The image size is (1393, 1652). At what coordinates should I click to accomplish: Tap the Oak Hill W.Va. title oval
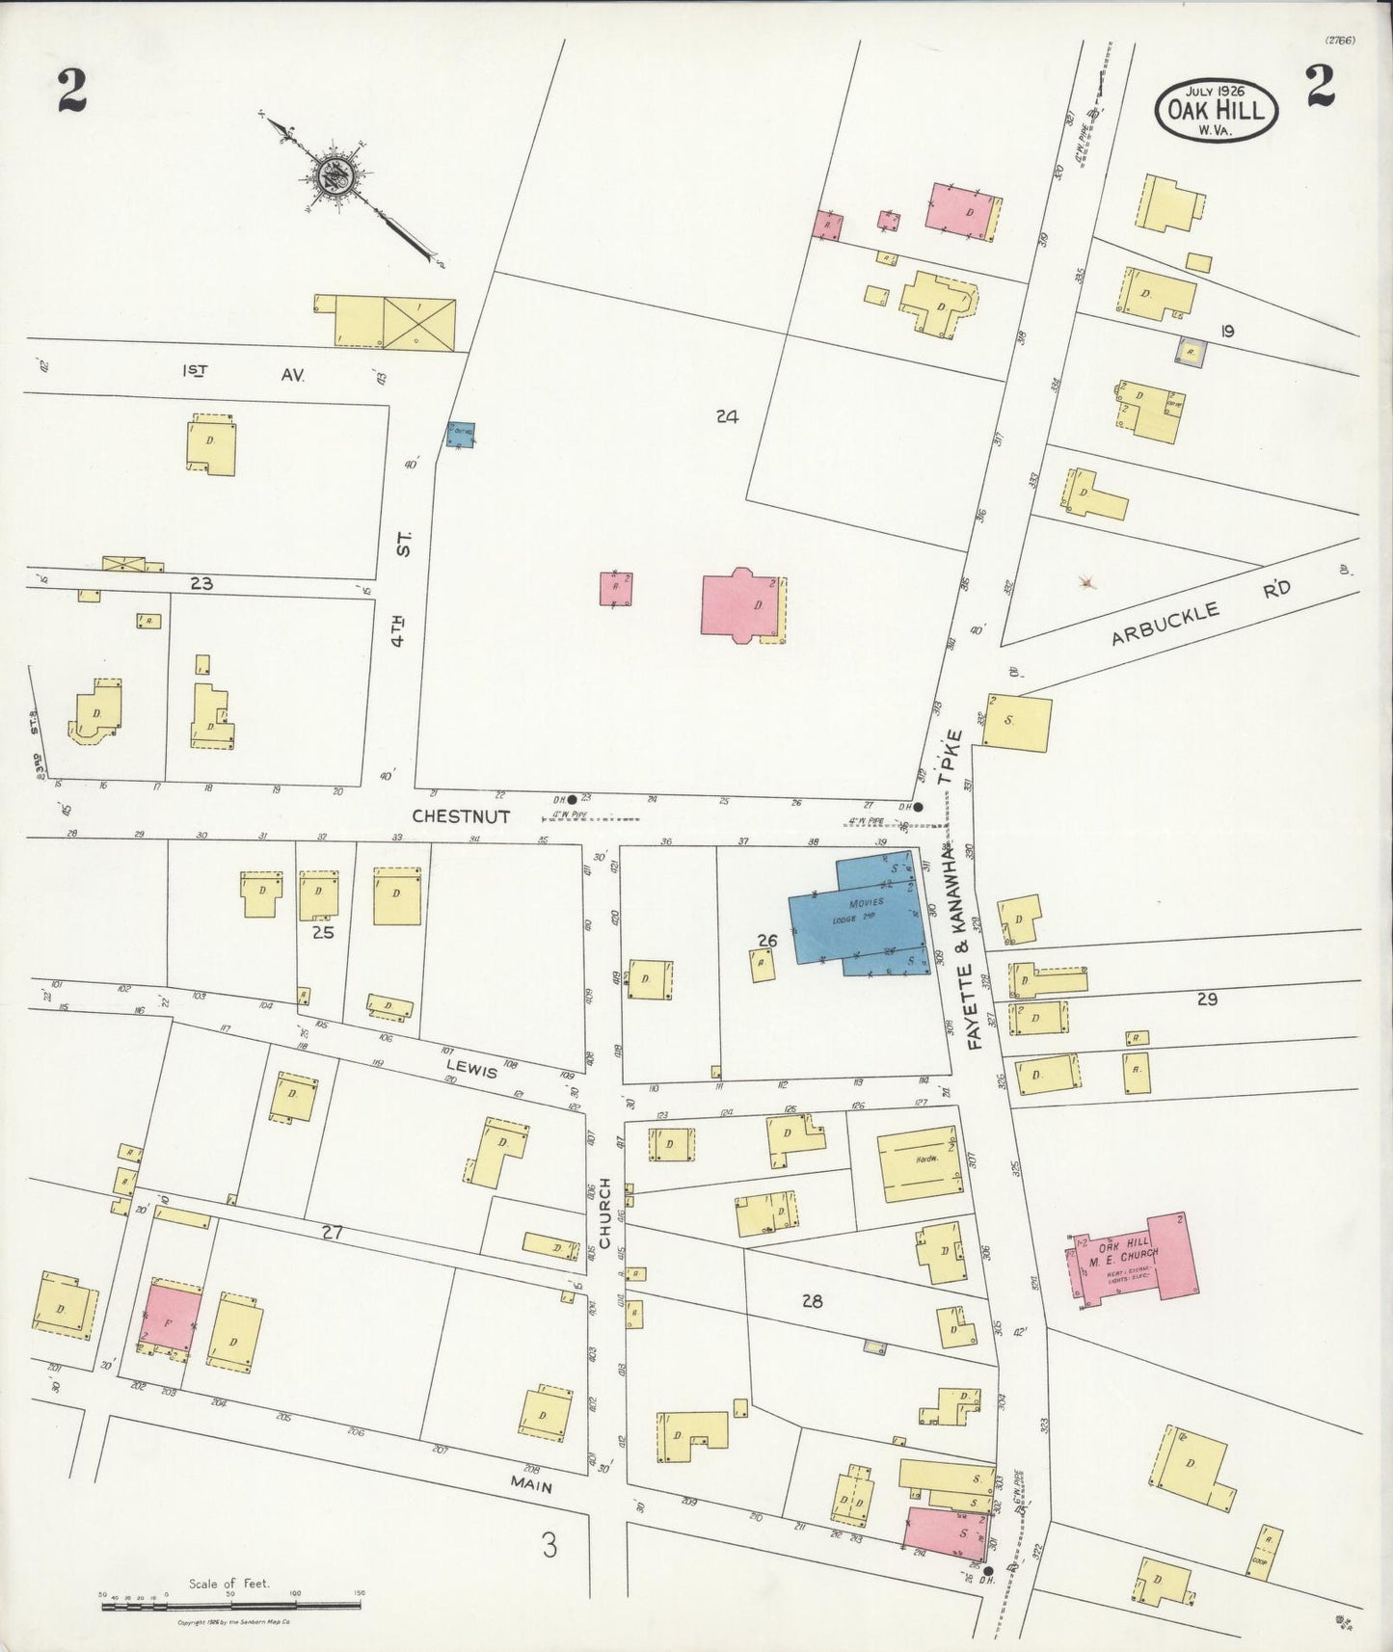[1218, 109]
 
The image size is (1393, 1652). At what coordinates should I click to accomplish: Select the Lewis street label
[471, 1069]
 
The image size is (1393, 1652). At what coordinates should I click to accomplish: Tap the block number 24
[727, 416]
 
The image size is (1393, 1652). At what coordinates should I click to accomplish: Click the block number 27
[333, 1231]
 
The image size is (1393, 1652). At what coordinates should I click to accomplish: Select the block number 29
[1206, 999]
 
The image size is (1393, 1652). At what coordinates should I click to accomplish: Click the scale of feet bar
[231, 1606]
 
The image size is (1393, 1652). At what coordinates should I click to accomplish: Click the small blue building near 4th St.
[460, 435]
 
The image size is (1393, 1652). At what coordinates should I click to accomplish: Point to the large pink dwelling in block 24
[740, 605]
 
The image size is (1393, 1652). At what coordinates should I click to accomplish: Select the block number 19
[1226, 332]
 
